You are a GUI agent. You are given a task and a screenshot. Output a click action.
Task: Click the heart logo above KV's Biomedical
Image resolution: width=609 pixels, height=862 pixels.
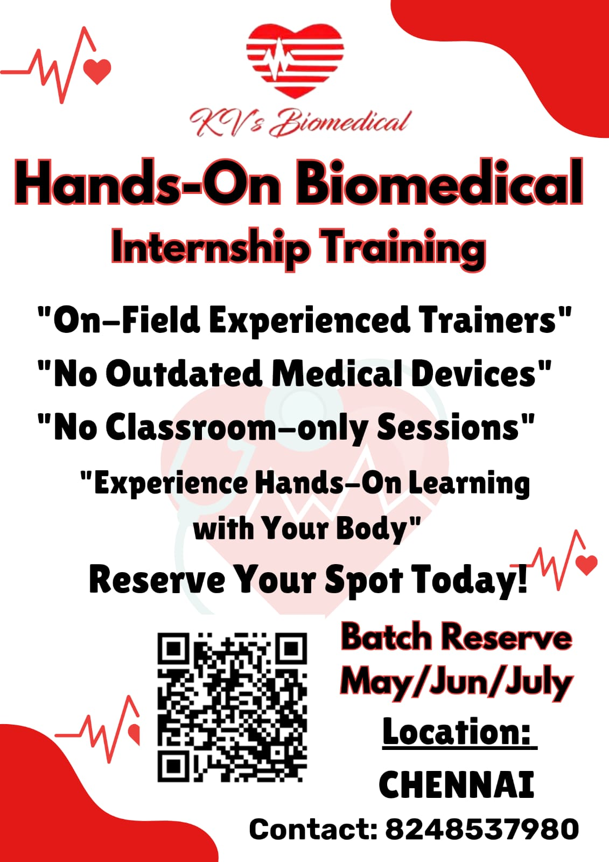tap(295, 60)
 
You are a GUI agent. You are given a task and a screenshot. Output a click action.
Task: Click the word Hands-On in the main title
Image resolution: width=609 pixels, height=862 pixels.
tap(148, 182)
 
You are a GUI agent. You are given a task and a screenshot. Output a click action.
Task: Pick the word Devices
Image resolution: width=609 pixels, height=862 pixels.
tap(481, 373)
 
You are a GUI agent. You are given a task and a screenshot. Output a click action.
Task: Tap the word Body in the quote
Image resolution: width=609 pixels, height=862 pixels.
tap(376, 530)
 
